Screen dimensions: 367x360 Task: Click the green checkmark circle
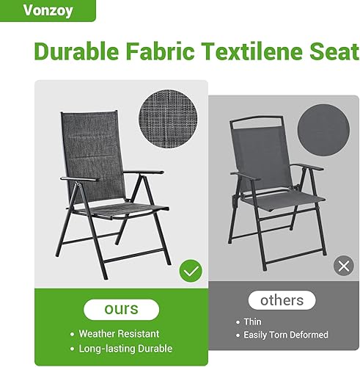point(191,272)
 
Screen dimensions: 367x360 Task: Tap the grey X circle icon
point(343,266)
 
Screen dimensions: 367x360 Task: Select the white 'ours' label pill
point(121,310)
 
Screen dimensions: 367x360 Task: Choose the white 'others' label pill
point(282,300)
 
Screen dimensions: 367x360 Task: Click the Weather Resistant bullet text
point(129,333)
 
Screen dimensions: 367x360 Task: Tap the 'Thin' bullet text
point(252,321)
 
